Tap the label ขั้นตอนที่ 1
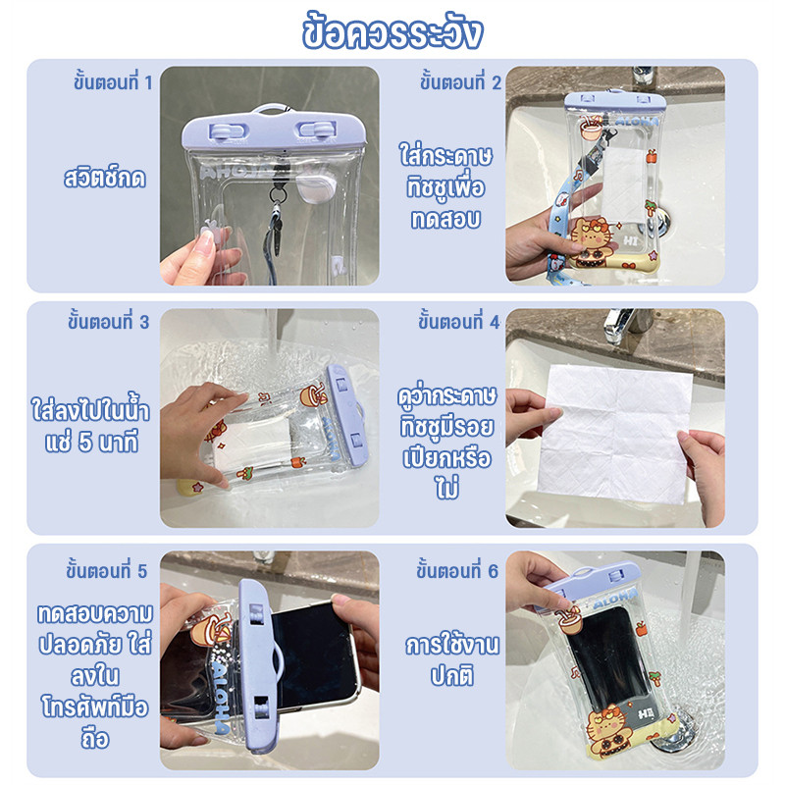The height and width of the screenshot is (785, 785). pyautogui.click(x=113, y=82)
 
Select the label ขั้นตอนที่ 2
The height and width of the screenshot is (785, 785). pyautogui.click(x=460, y=82)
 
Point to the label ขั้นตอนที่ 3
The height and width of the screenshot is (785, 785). pyautogui.click(x=109, y=322)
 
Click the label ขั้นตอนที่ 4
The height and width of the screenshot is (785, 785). pyautogui.click(x=459, y=322)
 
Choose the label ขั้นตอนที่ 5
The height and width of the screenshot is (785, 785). pyautogui.click(x=107, y=571)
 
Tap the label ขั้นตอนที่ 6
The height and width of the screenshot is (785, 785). pyautogui.click(x=457, y=571)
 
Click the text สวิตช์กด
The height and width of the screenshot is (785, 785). pyautogui.click(x=105, y=178)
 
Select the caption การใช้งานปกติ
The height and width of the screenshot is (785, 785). pyautogui.click(x=452, y=659)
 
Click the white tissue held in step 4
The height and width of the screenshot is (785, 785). pyautogui.click(x=615, y=434)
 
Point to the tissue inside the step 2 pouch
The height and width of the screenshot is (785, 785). pyautogui.click(x=623, y=184)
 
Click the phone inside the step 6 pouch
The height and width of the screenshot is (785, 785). pyautogui.click(x=606, y=661)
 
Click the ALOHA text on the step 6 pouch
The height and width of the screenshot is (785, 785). pyautogui.click(x=614, y=599)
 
